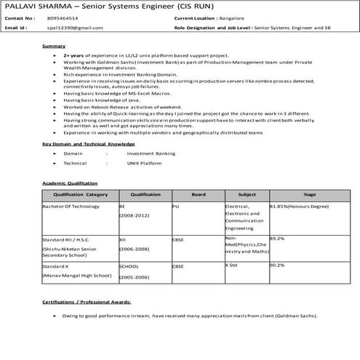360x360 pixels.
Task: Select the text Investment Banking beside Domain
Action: (151, 154)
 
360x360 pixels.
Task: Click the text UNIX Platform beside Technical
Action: (144, 164)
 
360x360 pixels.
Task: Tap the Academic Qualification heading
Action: (70, 183)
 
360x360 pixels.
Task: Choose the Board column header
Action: (198, 195)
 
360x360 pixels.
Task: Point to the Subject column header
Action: (247, 195)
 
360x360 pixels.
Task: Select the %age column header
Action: (310, 195)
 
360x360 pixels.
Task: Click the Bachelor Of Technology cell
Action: (71, 207)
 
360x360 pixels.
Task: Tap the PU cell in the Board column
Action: (175, 207)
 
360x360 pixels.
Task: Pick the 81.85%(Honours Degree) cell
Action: (299, 207)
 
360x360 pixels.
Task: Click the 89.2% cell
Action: (276, 238)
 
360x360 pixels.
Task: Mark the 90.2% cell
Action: (276, 265)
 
